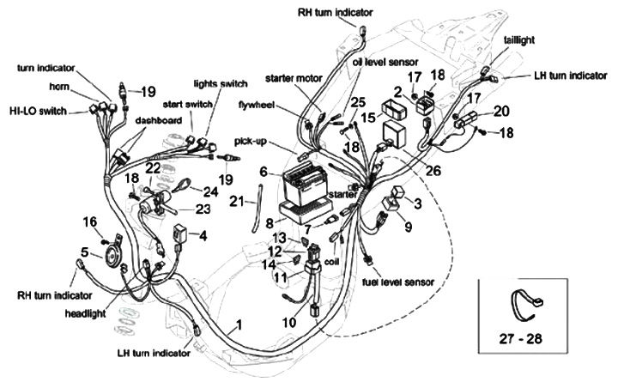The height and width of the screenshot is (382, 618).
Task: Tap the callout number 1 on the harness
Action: [239, 324]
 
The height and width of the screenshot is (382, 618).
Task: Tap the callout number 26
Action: [433, 171]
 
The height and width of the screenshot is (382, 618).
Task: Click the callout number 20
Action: [502, 110]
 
